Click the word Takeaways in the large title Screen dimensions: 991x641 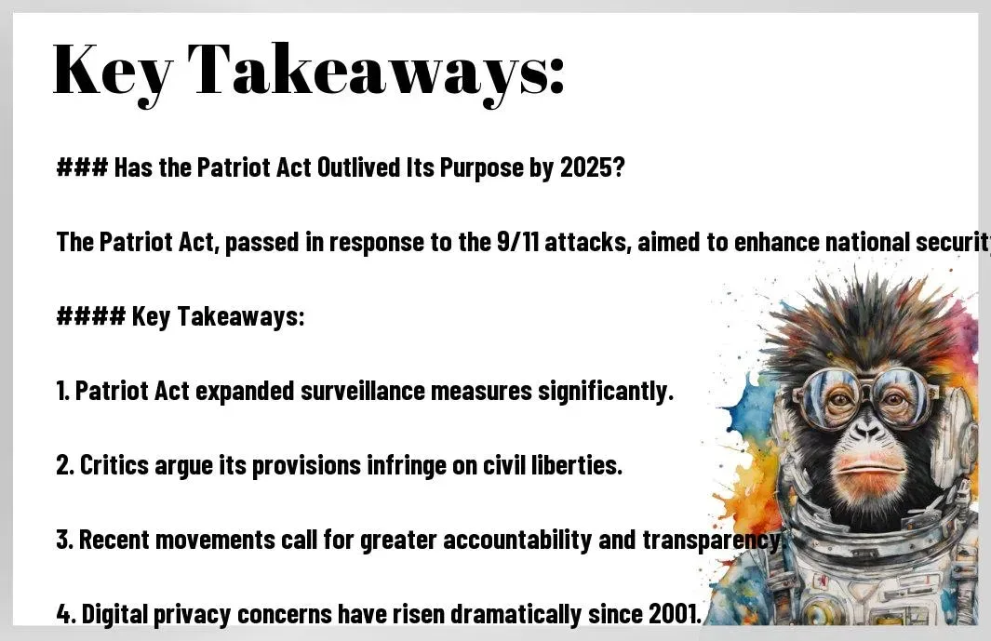375,71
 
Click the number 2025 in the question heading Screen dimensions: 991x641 592,167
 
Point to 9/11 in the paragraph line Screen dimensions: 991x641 517,242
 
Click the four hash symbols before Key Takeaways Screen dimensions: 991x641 91,316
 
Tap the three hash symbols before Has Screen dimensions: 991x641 82,167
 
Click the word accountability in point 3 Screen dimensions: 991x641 517,540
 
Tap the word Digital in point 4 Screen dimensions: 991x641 114,614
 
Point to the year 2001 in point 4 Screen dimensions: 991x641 675,614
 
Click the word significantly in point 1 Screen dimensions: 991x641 606,392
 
